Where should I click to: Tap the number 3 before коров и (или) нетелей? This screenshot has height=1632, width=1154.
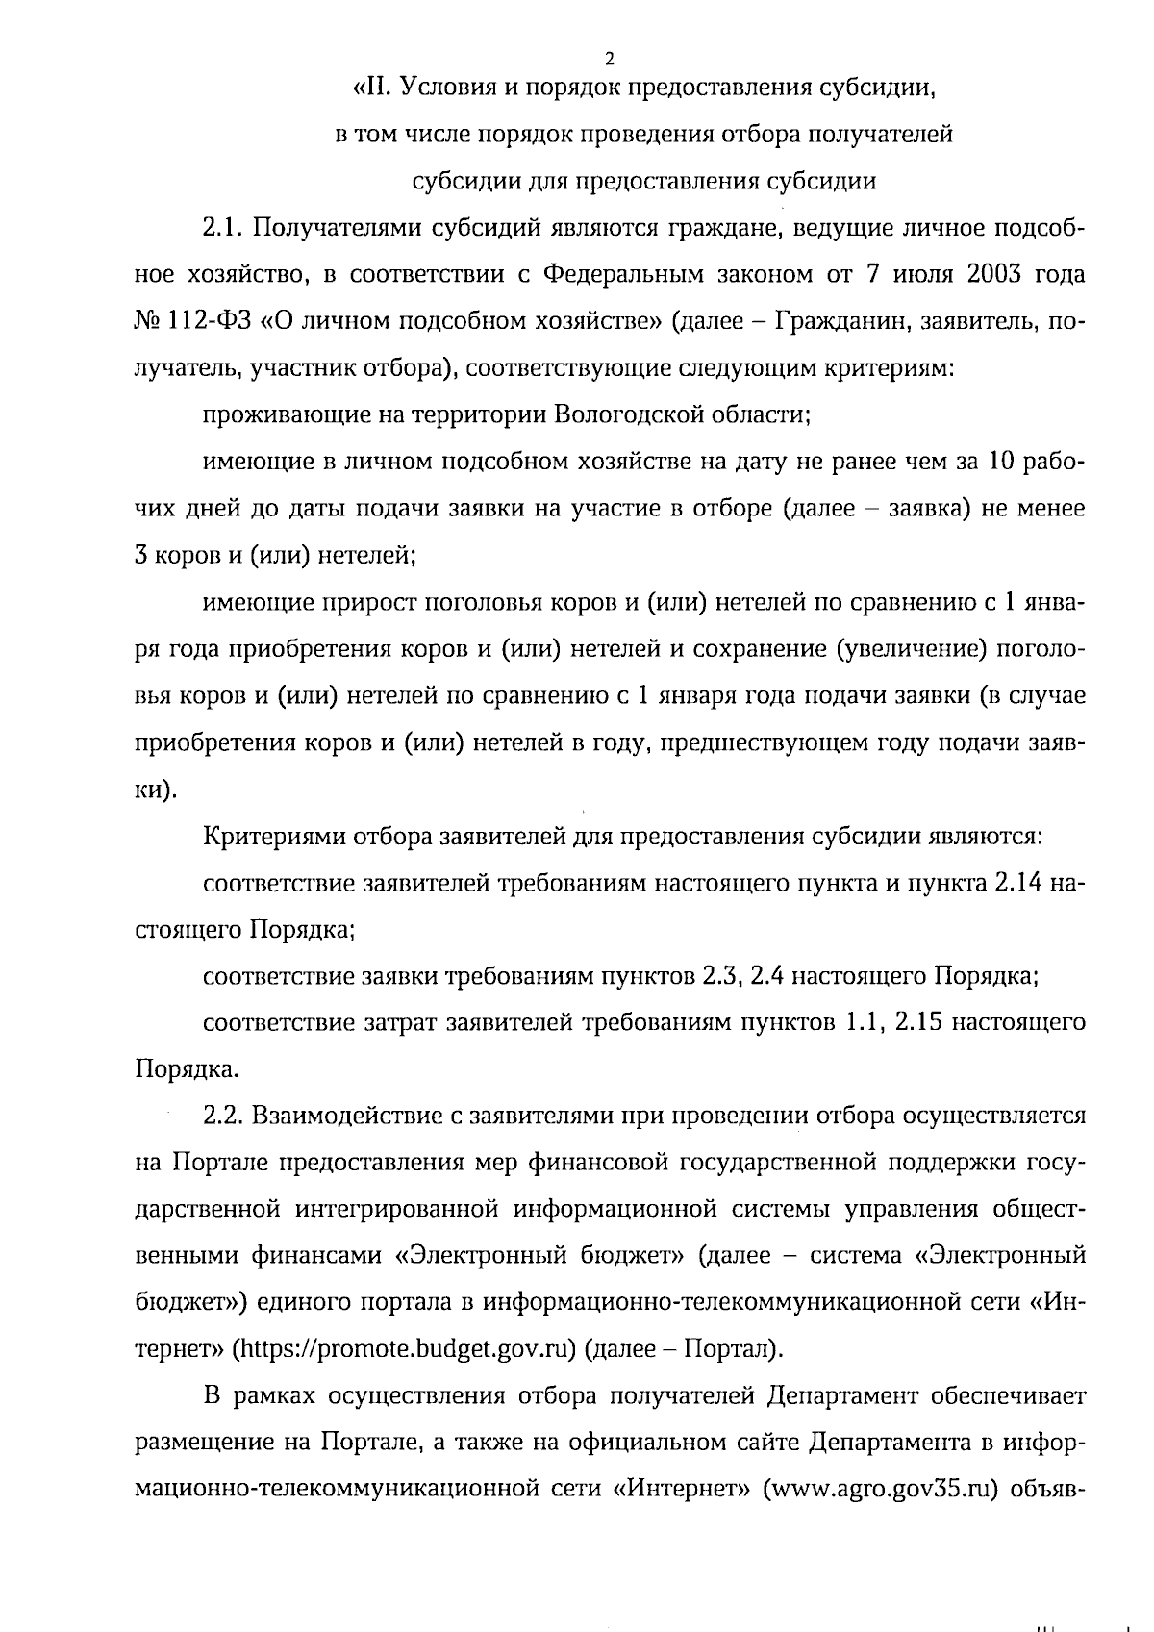(x=140, y=556)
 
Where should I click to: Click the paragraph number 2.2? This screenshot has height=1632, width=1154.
(x=224, y=1116)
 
